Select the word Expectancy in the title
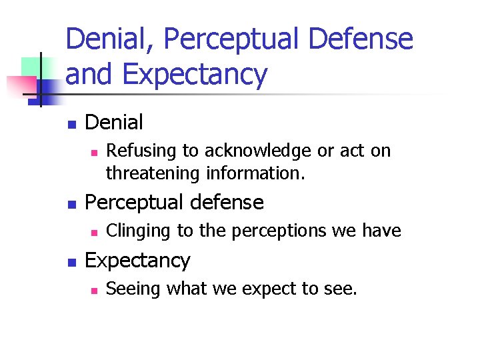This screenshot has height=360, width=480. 195,75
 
